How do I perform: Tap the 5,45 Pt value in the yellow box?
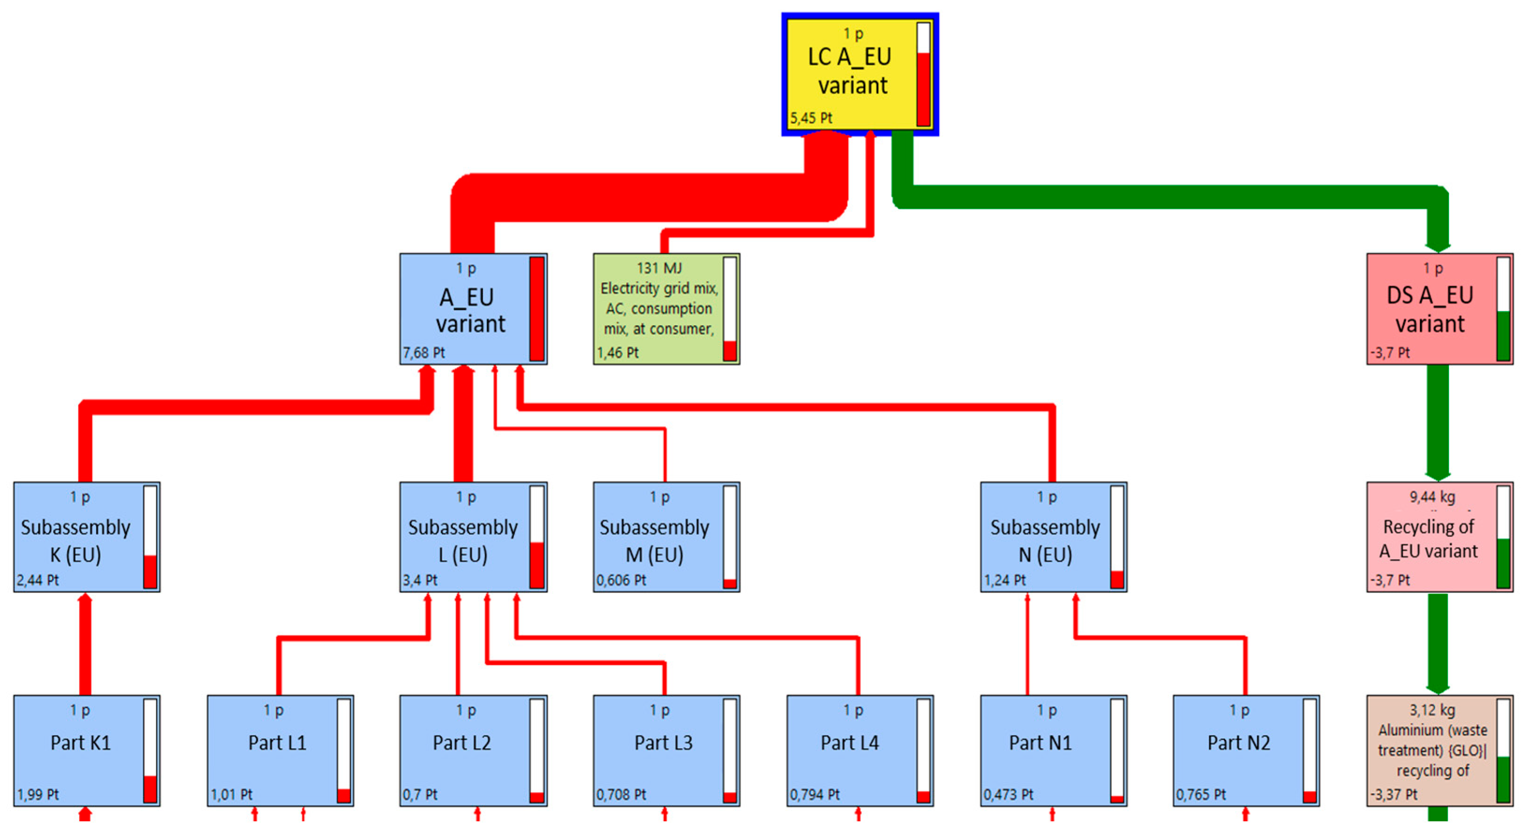click(811, 117)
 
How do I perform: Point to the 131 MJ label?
click(659, 269)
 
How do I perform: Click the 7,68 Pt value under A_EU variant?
click(423, 353)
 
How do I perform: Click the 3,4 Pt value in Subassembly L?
click(420, 580)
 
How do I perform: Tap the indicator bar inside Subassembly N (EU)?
click(1117, 537)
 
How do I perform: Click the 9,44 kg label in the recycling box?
click(1432, 497)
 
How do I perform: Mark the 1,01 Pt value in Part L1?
click(231, 794)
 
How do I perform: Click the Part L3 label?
click(663, 743)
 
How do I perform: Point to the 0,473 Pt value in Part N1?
click(1008, 794)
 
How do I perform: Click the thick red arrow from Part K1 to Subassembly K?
click(85, 644)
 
